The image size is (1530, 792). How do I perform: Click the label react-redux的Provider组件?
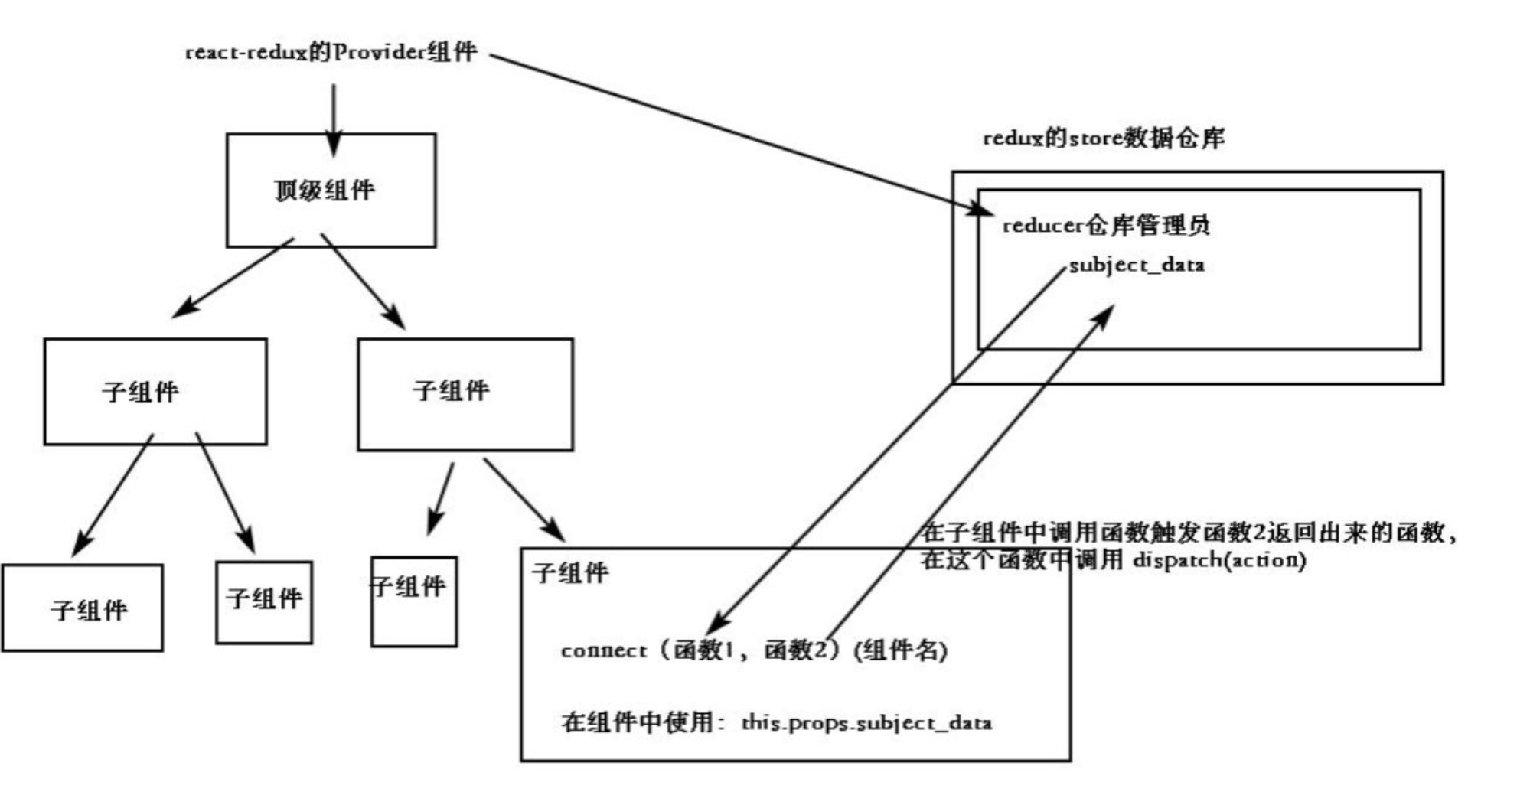click(x=331, y=52)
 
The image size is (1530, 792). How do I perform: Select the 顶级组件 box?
click(x=331, y=191)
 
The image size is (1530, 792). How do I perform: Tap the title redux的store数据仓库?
click(x=1103, y=139)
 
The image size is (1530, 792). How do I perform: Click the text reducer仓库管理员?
click(x=1105, y=226)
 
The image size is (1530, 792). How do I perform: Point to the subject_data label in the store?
click(x=1137, y=266)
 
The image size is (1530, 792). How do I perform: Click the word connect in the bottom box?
click(x=603, y=651)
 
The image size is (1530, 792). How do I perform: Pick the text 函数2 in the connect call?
click(x=796, y=650)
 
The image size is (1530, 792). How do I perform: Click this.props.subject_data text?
click(x=866, y=723)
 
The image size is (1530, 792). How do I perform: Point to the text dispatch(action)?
click(x=1219, y=560)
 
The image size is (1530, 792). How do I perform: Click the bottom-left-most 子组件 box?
click(x=82, y=608)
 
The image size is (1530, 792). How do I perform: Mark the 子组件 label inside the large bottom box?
click(x=570, y=573)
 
